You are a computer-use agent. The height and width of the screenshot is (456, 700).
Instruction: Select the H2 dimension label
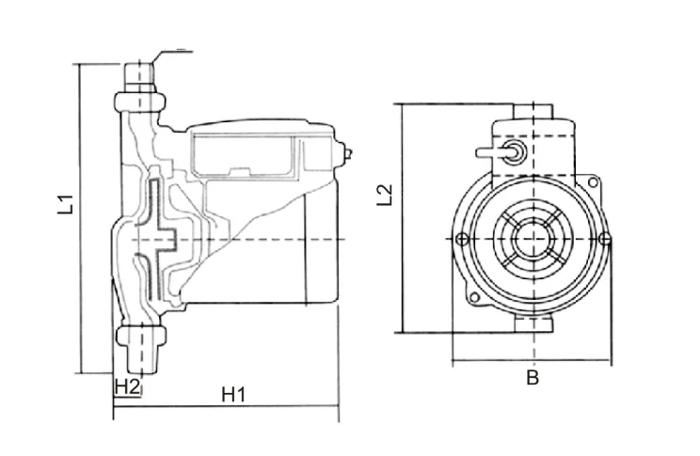tap(127, 385)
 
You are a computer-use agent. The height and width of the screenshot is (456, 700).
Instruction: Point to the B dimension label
tap(532, 379)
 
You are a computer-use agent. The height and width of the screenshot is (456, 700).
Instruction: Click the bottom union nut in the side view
tap(141, 336)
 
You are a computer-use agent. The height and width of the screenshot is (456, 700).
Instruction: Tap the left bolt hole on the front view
tap(460, 241)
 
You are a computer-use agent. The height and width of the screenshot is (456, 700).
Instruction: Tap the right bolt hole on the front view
tap(605, 241)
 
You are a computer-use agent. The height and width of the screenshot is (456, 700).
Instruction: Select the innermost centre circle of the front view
tap(533, 240)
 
